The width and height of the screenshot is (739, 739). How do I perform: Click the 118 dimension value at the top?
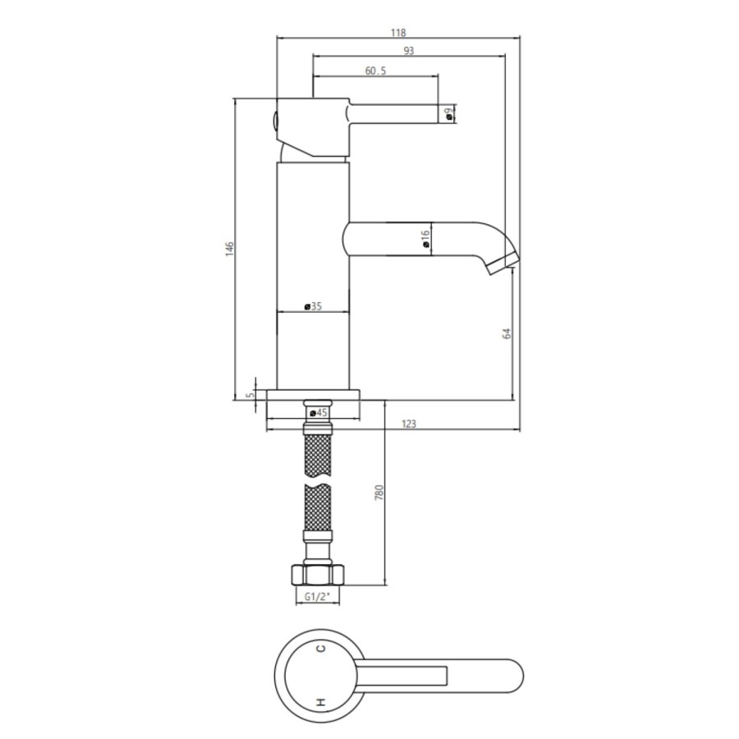click(x=398, y=33)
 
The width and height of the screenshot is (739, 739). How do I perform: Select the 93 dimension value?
click(x=409, y=51)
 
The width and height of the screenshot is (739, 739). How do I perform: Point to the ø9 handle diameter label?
click(x=449, y=114)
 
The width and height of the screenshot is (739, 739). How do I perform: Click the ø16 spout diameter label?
click(x=425, y=239)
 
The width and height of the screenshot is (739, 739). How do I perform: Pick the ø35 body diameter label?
click(x=312, y=306)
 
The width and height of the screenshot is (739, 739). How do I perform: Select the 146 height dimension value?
click(x=230, y=247)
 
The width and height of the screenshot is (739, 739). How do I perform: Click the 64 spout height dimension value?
click(x=507, y=333)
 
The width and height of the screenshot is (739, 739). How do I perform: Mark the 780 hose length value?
click(x=379, y=493)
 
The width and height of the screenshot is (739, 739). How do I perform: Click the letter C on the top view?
click(x=322, y=649)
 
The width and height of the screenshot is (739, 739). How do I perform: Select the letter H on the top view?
click(x=322, y=702)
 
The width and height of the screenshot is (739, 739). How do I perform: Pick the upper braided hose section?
click(x=319, y=455)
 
